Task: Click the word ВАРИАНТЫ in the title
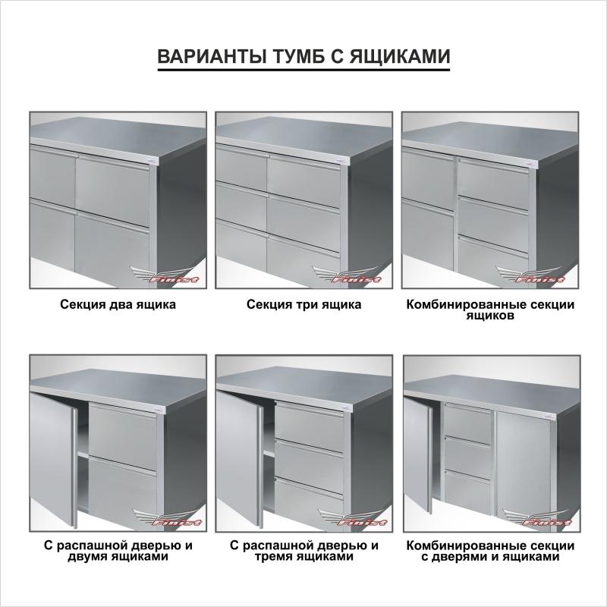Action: coord(212,56)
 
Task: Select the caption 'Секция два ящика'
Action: coord(118,305)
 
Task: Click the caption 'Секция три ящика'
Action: coord(304,305)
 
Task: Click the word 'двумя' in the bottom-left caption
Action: coord(88,557)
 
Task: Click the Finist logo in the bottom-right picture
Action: coord(537,517)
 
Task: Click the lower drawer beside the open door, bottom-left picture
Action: coord(123,490)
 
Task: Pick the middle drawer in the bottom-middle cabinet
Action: coord(310,461)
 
